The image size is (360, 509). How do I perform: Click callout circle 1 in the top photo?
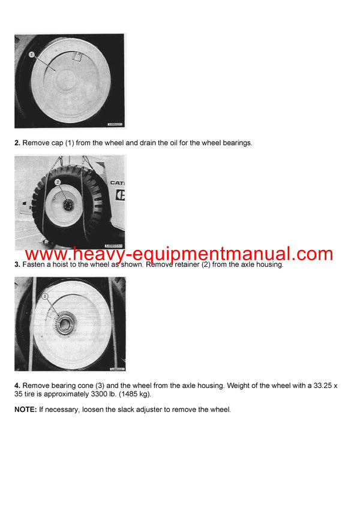[31, 55]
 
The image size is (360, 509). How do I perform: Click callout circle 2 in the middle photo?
[57, 182]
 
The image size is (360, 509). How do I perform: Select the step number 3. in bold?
[17, 264]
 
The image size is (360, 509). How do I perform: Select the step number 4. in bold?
[17, 385]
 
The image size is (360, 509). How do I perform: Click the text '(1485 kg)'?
[156, 394]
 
